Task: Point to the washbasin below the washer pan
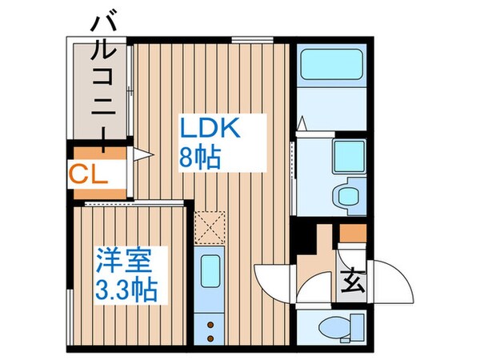click(349, 196)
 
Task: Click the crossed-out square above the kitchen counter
click(212, 226)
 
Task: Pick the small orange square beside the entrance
click(352, 234)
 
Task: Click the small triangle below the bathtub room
click(302, 124)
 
